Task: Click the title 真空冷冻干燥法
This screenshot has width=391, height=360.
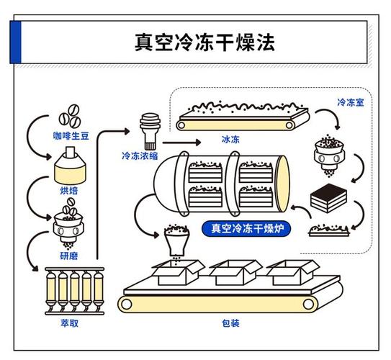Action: tap(205, 42)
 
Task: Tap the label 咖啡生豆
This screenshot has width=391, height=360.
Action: tap(71, 136)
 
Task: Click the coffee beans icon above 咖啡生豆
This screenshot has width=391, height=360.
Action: tap(70, 117)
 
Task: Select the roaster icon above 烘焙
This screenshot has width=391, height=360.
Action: tap(70, 166)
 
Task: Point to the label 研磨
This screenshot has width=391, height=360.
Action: tap(69, 256)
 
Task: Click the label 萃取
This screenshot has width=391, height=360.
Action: tap(70, 323)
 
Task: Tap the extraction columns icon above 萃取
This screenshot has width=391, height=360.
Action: tap(75, 291)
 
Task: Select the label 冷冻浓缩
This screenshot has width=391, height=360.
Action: tap(140, 156)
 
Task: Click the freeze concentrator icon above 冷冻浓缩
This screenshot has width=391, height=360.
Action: tap(150, 131)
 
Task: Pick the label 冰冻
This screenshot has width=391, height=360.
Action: tap(230, 139)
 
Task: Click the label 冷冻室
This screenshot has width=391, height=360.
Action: tap(351, 102)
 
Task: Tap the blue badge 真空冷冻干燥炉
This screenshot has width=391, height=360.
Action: tap(246, 228)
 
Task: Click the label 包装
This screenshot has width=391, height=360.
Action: tap(230, 323)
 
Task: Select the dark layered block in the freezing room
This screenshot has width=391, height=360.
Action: tap(328, 198)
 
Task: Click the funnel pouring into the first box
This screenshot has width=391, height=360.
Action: tap(176, 240)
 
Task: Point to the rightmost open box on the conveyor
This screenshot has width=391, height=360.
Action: tap(293, 272)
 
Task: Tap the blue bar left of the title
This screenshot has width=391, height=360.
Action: tap(15, 42)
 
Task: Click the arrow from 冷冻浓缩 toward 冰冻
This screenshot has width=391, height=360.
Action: tap(181, 143)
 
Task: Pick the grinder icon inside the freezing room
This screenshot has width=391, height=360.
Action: tap(329, 155)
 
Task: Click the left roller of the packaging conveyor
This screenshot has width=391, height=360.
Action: tap(126, 304)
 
